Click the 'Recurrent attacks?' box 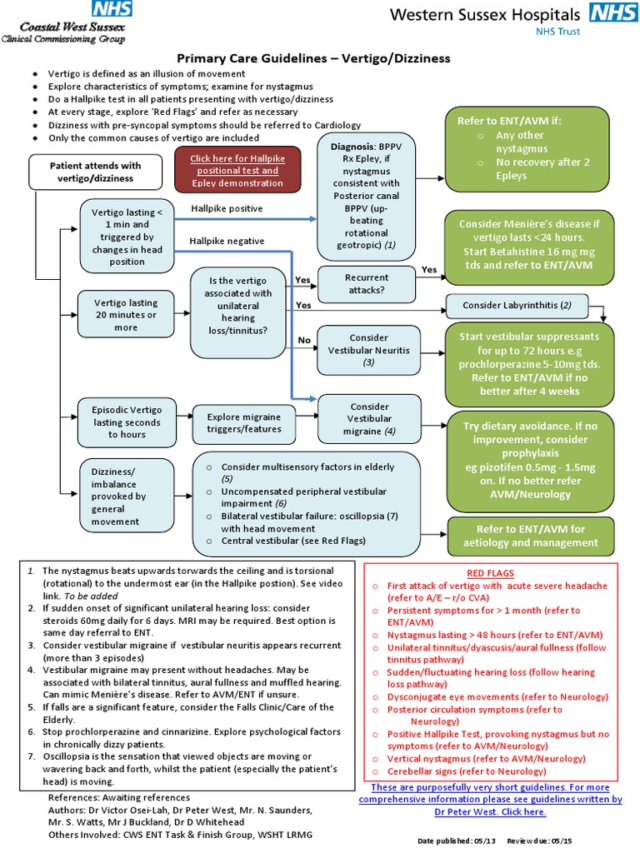tap(367, 284)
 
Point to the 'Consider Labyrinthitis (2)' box tap(517, 306)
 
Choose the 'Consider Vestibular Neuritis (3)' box tap(367, 351)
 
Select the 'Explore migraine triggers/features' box tap(244, 422)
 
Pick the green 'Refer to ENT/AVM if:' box tap(531, 148)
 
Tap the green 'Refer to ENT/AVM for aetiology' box tap(531, 536)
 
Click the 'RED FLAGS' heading tap(490, 574)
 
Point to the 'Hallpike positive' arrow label tap(227, 208)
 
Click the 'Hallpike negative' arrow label tap(227, 241)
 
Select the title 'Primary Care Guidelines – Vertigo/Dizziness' tap(312, 58)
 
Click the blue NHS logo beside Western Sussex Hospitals tap(611, 13)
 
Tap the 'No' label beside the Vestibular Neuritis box tap(304, 340)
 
